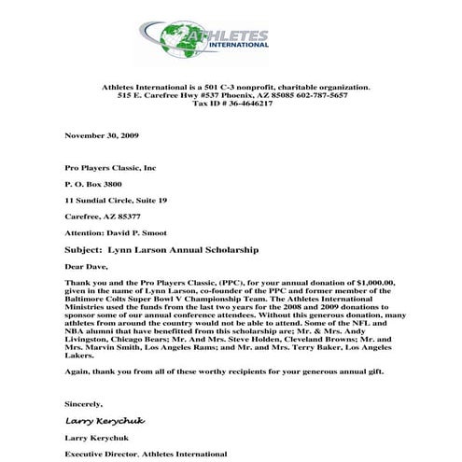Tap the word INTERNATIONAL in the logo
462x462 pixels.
[237, 45]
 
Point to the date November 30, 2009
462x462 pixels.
[102, 135]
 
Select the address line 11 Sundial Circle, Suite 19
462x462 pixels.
[116, 201]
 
